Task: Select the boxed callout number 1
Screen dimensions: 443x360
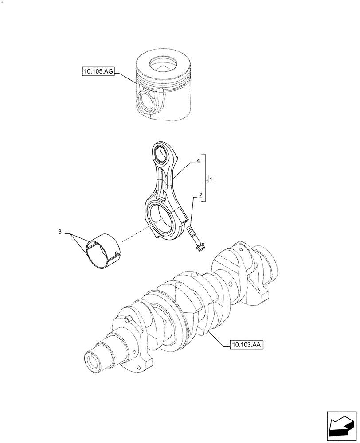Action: coord(211,179)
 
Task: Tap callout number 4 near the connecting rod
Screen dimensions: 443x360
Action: coord(199,162)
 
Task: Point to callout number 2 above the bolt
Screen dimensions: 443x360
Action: coord(200,195)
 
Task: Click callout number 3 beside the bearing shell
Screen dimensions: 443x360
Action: coord(60,231)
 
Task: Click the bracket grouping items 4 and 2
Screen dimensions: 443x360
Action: coord(204,179)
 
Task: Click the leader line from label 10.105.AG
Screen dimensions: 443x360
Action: coord(126,78)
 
